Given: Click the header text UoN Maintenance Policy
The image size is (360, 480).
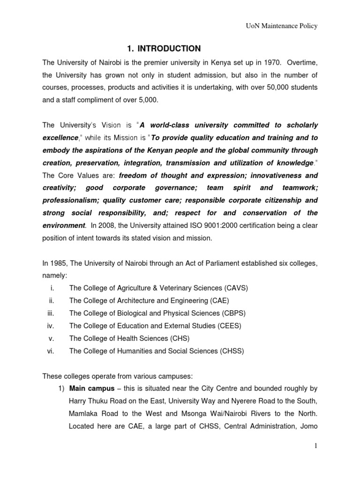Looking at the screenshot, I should tap(282, 26).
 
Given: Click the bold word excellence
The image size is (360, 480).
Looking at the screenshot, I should tap(60, 138).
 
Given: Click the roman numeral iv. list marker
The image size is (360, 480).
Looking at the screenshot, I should tap(52, 326).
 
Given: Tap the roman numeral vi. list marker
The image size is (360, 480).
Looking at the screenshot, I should tap(52, 351).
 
